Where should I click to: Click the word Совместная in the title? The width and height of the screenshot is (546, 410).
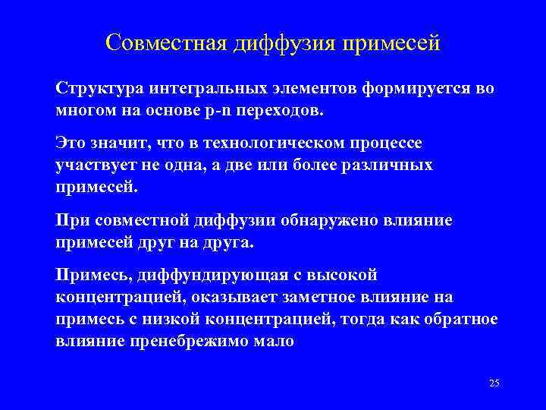[156, 42]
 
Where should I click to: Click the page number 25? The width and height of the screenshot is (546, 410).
[494, 383]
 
